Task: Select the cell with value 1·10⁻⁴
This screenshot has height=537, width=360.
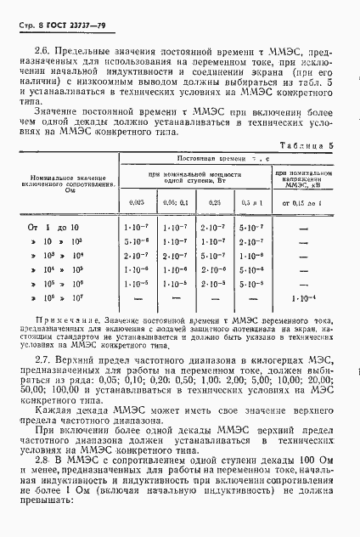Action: [303, 298]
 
